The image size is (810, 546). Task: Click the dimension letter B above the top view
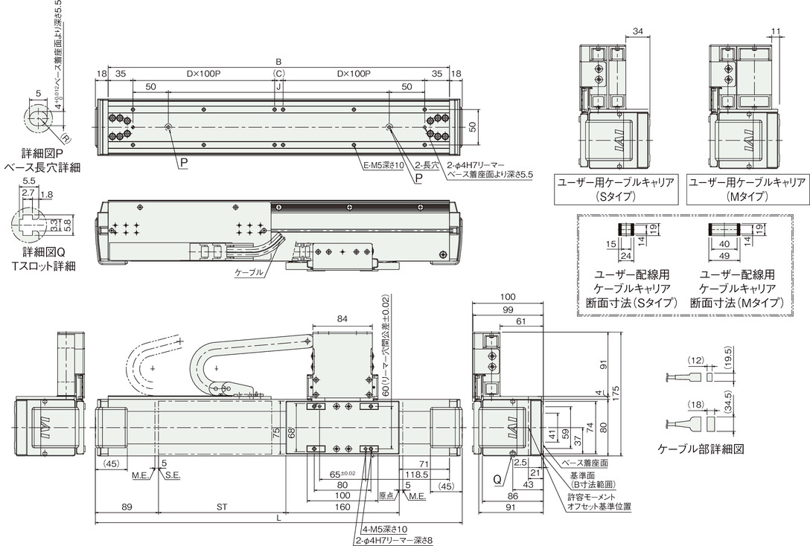(x=278, y=62)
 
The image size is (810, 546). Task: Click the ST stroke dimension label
(x=222, y=507)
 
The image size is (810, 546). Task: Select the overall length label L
(x=278, y=518)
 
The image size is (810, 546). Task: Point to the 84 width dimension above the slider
(x=342, y=319)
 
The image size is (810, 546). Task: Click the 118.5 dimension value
(x=418, y=475)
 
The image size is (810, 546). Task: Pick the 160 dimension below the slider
(x=342, y=507)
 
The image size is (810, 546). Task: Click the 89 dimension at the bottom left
(x=126, y=507)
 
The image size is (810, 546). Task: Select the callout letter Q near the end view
(x=497, y=480)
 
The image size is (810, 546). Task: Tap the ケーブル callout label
(x=249, y=272)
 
